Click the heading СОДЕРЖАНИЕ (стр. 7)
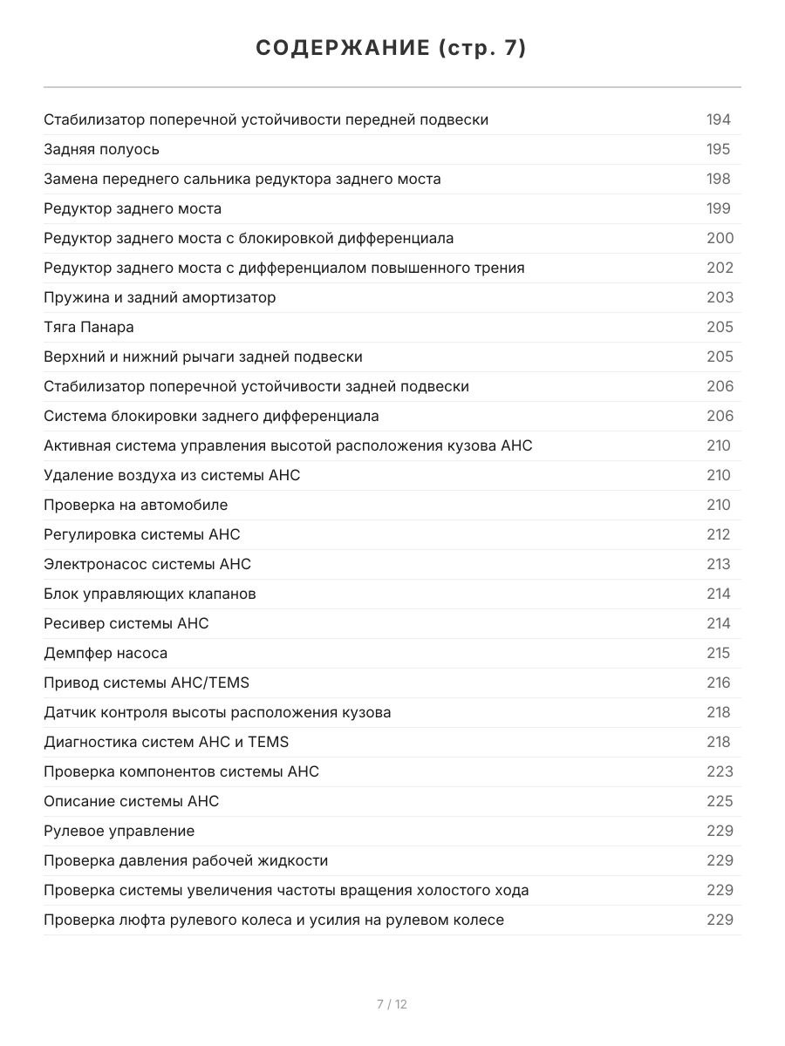[392, 48]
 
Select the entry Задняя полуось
[102, 149]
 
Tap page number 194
[719, 119]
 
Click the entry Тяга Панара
[89, 327]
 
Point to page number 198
[719, 179]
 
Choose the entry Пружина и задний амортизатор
[160, 297]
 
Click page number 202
[720, 268]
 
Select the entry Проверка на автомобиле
[136, 505]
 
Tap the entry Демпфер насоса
[106, 653]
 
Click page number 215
[719, 653]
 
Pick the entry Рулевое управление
[119, 831]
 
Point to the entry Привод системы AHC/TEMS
[147, 683]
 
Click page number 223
[720, 771]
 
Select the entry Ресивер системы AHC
[126, 623]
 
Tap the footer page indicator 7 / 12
[392, 1004]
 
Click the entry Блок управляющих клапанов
[150, 594]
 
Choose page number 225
[720, 801]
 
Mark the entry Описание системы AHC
[132, 801]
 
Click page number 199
[719, 208]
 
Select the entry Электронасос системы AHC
[147, 564]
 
